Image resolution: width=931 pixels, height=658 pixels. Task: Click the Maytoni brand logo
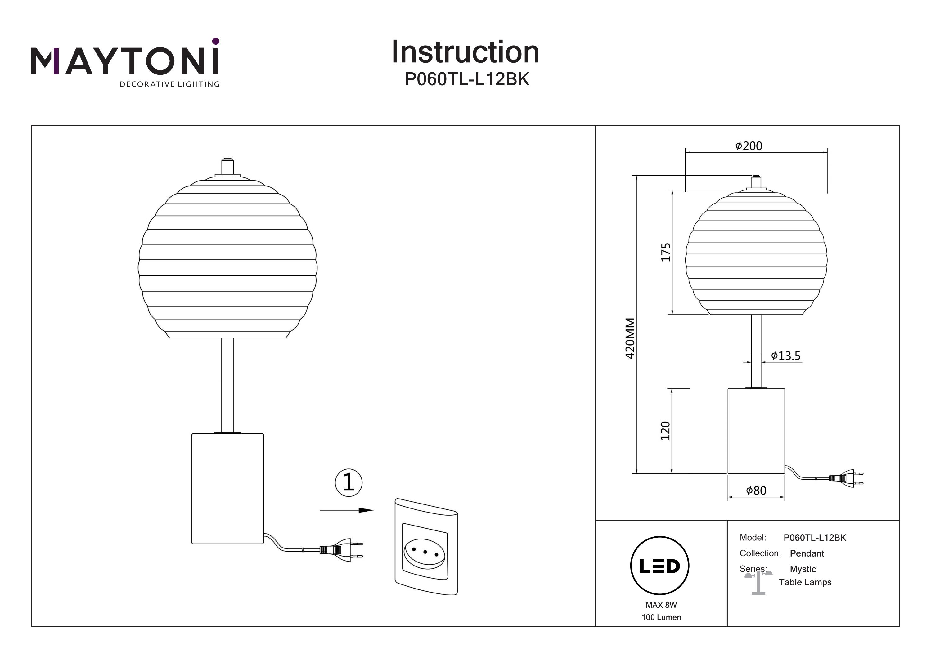pos(125,62)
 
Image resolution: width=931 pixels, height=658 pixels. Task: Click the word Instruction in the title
pos(465,52)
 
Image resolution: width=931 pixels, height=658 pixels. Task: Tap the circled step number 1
pos(348,482)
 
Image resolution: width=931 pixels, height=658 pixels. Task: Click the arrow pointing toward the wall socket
pos(346,510)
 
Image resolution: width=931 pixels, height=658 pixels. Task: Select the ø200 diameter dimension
pos(749,146)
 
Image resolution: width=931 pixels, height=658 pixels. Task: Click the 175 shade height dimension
pos(665,252)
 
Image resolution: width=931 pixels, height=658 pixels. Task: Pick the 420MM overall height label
pos(630,338)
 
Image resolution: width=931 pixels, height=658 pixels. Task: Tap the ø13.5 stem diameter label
pos(785,356)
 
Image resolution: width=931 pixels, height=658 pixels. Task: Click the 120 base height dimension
pos(665,431)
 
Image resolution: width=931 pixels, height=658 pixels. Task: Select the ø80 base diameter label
pos(756,490)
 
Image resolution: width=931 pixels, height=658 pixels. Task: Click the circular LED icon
pos(659,566)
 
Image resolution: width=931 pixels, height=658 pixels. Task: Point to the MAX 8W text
pos(661,605)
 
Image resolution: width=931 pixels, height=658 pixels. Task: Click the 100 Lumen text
pos(661,617)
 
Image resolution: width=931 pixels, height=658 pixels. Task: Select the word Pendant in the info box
pos(807,553)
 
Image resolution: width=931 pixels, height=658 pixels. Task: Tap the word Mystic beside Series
pos(803,569)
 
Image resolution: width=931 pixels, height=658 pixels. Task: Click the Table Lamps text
pos(805,583)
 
